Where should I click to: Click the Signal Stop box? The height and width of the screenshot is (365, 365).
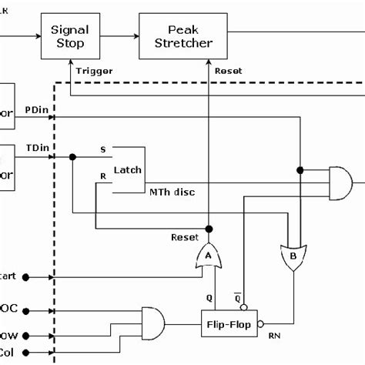coord(69,35)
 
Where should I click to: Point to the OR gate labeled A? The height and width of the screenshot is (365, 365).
coord(208,256)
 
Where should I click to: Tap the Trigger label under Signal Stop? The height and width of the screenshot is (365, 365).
coord(95,71)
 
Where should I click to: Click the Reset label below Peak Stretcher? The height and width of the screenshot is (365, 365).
coord(228,71)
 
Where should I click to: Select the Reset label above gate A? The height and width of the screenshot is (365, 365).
coord(185,237)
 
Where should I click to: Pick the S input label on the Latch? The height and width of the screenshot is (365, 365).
coord(103,149)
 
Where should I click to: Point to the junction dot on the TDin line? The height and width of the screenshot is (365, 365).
coord(72,156)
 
